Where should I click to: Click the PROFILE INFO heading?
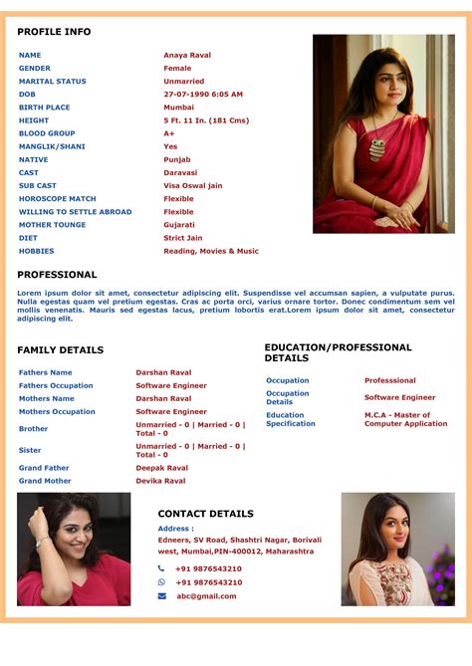pyautogui.click(x=54, y=32)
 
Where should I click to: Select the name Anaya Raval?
pyautogui.click(x=187, y=56)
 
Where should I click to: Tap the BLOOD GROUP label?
pyautogui.click(x=47, y=133)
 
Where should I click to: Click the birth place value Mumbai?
pyautogui.click(x=179, y=108)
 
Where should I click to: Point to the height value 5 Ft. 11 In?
pyautogui.click(x=206, y=120)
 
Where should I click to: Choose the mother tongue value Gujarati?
pyautogui.click(x=180, y=225)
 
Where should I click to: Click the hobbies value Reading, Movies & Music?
pyautogui.click(x=211, y=251)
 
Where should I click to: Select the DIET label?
pyautogui.click(x=29, y=238)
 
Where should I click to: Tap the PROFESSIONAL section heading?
pyautogui.click(x=57, y=275)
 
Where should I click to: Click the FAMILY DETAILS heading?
pyautogui.click(x=60, y=350)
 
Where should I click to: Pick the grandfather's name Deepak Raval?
pyautogui.click(x=161, y=468)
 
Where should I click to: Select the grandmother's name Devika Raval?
pyautogui.click(x=160, y=481)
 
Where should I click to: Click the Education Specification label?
pyautogui.click(x=291, y=419)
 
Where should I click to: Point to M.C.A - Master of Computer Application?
pyautogui.click(x=405, y=419)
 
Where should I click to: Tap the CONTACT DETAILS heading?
pyautogui.click(x=205, y=514)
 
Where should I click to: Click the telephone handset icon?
pyautogui.click(x=161, y=568)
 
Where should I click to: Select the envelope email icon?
pyautogui.click(x=161, y=596)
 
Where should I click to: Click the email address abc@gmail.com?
pyautogui.click(x=206, y=596)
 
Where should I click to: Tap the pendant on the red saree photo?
pyautogui.click(x=377, y=149)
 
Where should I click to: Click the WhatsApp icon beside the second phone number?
pyautogui.click(x=161, y=582)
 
